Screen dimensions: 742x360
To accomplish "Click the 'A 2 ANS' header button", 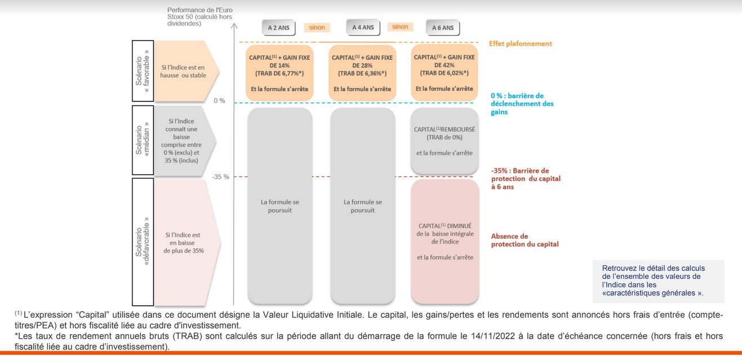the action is coord(278,28).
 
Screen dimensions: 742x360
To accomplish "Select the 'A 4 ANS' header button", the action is coord(363,28).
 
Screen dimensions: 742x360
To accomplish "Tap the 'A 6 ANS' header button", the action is coord(443,28).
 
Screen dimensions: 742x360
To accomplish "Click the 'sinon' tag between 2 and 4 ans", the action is coord(317,28).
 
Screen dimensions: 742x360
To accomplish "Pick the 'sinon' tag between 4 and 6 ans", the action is coord(400,27).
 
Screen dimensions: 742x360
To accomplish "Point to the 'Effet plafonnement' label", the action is coord(521,44).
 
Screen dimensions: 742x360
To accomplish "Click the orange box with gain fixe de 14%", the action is coord(279,73).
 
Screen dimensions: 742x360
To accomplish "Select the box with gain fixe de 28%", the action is coord(362,73).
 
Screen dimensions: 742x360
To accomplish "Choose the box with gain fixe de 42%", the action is coord(445,73).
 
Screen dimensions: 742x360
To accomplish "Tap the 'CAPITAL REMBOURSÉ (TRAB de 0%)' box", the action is coord(445,141).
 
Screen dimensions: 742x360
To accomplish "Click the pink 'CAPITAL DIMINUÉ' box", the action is coord(445,242).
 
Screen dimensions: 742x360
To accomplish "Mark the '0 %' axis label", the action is coord(219,101).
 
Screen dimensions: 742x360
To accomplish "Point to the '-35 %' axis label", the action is coord(221,177).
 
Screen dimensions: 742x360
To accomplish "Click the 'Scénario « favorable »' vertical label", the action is coord(143,71).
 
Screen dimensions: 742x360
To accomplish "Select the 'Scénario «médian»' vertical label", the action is coord(143,140).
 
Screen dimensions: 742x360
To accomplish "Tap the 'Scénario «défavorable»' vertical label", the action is coord(143,242).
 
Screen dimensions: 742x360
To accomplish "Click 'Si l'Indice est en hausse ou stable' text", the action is coord(183,72).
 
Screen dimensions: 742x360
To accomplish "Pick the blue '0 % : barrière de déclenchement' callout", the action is coord(522,104).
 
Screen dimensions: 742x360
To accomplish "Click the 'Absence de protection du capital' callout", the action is coord(525,240).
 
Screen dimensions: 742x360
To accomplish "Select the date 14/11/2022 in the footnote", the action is coord(493,336).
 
